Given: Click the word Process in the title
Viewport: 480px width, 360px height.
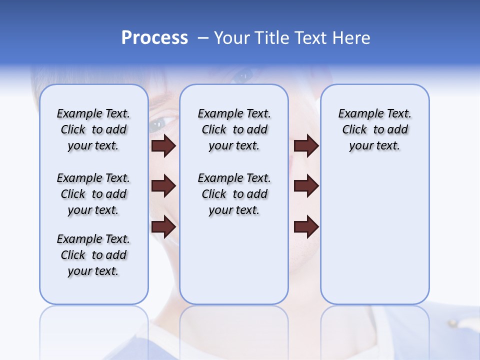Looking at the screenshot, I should pyautogui.click(x=154, y=38).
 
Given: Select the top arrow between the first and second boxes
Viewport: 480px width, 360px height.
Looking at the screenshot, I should pyautogui.click(x=163, y=145).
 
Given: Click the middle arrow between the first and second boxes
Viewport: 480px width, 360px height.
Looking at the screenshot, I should pyautogui.click(x=163, y=186).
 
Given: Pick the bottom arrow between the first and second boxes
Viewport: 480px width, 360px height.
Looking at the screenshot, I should pyautogui.click(x=163, y=227).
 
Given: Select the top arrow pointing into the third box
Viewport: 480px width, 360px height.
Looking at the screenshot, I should pyautogui.click(x=306, y=145).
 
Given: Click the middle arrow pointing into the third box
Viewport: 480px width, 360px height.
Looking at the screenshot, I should pyautogui.click(x=306, y=186).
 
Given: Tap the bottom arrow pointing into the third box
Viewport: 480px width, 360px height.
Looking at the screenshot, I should pyautogui.click(x=306, y=227).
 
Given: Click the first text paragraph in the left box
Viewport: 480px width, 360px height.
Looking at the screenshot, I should pyautogui.click(x=93, y=129).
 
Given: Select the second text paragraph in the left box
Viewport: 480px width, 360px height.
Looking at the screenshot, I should pyautogui.click(x=93, y=194).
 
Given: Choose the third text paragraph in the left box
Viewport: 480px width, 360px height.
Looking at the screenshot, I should pyautogui.click(x=93, y=255).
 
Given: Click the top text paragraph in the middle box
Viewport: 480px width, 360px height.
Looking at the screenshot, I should pyautogui.click(x=234, y=129).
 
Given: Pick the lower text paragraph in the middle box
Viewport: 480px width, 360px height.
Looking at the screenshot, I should pyautogui.click(x=234, y=194).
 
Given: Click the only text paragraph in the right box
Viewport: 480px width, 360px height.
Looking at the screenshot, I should pyautogui.click(x=374, y=129).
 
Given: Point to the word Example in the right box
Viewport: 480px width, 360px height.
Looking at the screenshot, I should pyautogui.click(x=357, y=114).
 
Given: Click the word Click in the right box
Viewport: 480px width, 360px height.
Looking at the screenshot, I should pyautogui.click(x=354, y=130).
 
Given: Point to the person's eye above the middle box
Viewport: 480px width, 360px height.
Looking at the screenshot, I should pyautogui.click(x=243, y=76).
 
